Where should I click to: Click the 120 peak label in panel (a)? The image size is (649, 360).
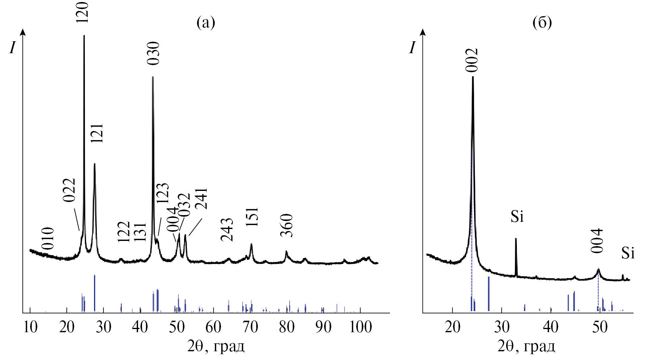click(84, 12)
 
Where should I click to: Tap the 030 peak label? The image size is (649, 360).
click(153, 53)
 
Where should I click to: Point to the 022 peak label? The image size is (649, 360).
click(69, 190)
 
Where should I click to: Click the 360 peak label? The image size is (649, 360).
click(286, 225)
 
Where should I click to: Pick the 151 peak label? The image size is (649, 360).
click(252, 216)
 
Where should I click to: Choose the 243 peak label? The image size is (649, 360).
click(227, 230)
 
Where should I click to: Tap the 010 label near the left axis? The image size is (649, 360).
click(48, 238)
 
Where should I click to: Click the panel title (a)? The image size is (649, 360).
click(206, 23)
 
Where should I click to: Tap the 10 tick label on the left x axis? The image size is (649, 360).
click(30, 327)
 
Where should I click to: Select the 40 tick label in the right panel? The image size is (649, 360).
click(551, 327)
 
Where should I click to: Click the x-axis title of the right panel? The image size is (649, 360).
click(526, 347)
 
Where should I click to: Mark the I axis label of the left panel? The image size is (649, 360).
click(13, 48)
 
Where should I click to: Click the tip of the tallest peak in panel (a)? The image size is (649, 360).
click(84, 36)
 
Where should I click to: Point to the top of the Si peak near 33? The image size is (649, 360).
click(516, 239)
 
